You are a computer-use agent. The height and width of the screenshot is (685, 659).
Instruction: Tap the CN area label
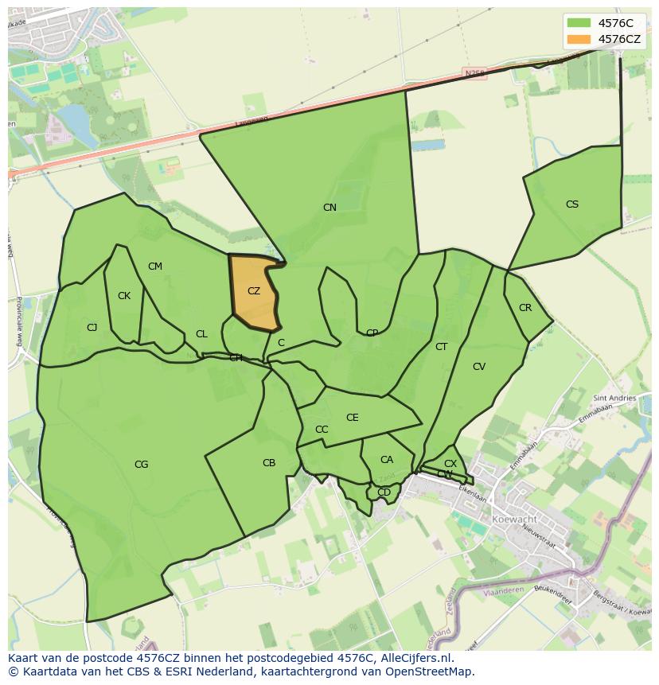click(329, 208)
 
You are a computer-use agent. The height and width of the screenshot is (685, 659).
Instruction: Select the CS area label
click(572, 204)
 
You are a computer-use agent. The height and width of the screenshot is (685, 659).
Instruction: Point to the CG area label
click(141, 465)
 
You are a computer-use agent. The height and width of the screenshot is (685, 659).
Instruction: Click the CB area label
click(269, 463)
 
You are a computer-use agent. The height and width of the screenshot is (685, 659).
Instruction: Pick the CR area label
click(525, 308)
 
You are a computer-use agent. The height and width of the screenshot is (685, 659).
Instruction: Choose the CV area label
click(479, 367)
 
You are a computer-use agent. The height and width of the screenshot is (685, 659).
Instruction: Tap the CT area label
click(442, 347)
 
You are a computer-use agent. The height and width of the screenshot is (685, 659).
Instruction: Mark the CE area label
click(353, 418)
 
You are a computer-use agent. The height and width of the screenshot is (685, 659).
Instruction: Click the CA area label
click(387, 460)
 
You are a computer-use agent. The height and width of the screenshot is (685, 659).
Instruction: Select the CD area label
click(384, 492)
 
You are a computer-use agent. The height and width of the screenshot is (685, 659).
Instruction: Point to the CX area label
click(450, 464)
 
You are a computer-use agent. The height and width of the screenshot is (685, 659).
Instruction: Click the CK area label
click(124, 296)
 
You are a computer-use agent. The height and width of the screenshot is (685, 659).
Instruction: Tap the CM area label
click(155, 267)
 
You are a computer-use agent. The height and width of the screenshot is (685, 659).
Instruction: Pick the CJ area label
click(92, 328)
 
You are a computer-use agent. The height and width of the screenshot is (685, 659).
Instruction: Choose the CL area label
click(201, 334)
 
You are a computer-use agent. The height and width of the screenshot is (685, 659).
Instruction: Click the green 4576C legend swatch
click(579, 23)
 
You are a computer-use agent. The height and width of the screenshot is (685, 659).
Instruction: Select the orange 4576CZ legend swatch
click(579, 39)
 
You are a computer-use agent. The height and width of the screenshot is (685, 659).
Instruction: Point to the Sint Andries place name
click(614, 398)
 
